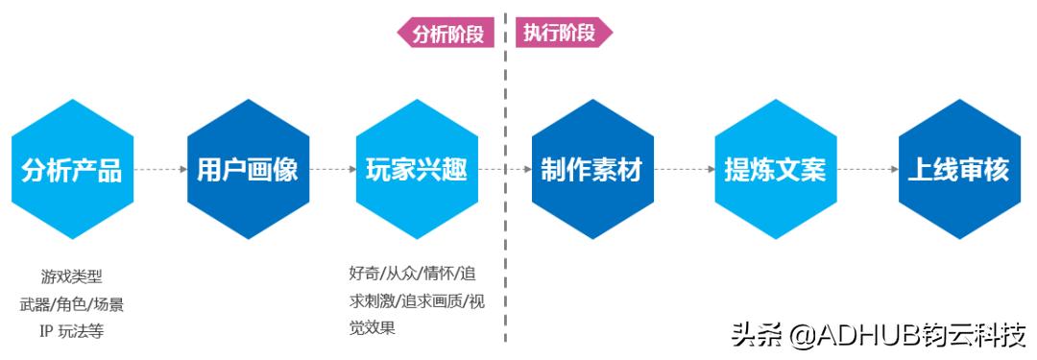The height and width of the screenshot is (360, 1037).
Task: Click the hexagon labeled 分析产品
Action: point(72,170)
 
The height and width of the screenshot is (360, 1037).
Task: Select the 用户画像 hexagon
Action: point(248,170)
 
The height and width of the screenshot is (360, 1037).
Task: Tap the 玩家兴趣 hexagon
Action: point(417,170)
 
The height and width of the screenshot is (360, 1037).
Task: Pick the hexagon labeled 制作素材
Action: point(591,170)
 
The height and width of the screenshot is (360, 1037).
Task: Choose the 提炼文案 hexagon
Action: point(775,170)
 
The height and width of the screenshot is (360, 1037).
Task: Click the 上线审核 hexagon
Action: point(958,170)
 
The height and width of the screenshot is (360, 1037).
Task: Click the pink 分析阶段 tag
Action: point(446,34)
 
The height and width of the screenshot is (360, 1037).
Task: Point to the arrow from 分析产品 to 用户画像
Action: point(160,170)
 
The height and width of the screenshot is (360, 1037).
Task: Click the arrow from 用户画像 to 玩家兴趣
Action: point(332,170)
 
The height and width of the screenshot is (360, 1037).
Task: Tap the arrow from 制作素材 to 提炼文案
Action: point(683,170)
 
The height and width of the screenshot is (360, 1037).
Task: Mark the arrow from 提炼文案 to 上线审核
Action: point(867,170)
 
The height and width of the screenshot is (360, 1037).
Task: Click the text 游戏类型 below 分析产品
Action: point(72,276)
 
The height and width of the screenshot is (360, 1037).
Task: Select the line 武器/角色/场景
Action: point(72,304)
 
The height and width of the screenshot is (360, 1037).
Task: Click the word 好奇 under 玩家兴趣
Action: point(364,273)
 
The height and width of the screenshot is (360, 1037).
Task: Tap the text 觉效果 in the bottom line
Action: point(373,327)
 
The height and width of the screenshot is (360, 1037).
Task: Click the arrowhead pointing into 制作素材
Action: point(527,170)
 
